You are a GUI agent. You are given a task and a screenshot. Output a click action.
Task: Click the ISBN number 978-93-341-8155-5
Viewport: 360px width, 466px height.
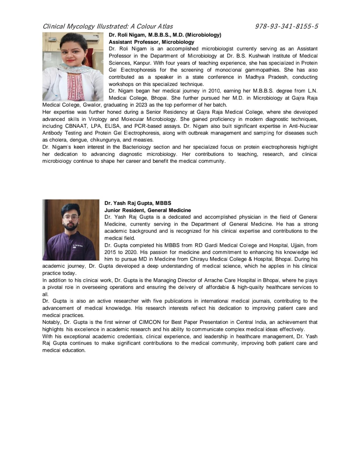click(286, 27)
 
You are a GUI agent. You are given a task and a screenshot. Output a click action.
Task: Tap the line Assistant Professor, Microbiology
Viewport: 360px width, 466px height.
click(151, 42)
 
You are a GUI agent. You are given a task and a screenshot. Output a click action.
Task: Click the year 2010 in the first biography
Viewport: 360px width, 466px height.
click(214, 91)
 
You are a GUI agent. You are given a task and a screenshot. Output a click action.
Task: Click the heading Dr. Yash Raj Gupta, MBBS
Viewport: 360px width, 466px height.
click(138, 203)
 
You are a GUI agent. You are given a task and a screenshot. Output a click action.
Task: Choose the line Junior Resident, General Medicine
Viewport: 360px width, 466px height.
click(148, 210)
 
